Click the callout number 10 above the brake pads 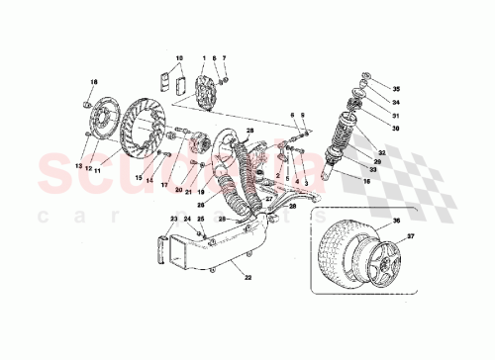tap(179, 58)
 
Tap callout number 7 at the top tap(224, 58)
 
